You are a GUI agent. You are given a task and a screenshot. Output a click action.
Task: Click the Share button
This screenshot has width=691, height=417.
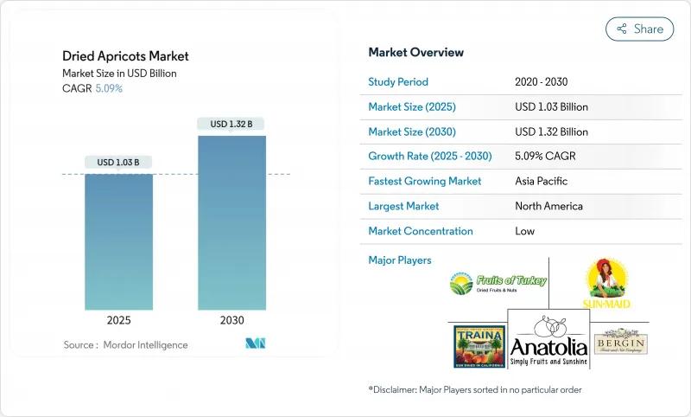point(640,29)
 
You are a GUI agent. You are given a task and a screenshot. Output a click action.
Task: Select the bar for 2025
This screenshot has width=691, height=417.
point(118,241)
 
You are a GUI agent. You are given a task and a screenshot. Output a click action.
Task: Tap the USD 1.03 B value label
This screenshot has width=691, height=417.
point(118,162)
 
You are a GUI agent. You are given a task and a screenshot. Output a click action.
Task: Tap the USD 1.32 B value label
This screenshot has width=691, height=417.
point(231,124)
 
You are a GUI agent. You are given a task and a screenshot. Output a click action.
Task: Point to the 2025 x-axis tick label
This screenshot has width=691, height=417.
point(118,319)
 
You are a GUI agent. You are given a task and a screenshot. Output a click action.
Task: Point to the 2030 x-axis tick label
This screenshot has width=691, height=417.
point(231,319)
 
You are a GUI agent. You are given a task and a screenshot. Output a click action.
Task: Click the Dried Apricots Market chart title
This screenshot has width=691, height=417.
point(126,56)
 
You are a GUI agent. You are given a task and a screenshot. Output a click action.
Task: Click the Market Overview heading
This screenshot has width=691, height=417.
point(415,53)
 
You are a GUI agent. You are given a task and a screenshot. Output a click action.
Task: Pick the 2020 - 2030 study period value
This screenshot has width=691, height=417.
point(542,82)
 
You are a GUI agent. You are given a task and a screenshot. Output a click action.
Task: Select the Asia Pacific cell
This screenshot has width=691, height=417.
point(541,182)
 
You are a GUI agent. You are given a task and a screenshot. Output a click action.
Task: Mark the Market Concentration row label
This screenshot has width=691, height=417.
point(420,231)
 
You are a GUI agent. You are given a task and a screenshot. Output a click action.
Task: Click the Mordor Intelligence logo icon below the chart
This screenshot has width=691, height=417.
point(255,343)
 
